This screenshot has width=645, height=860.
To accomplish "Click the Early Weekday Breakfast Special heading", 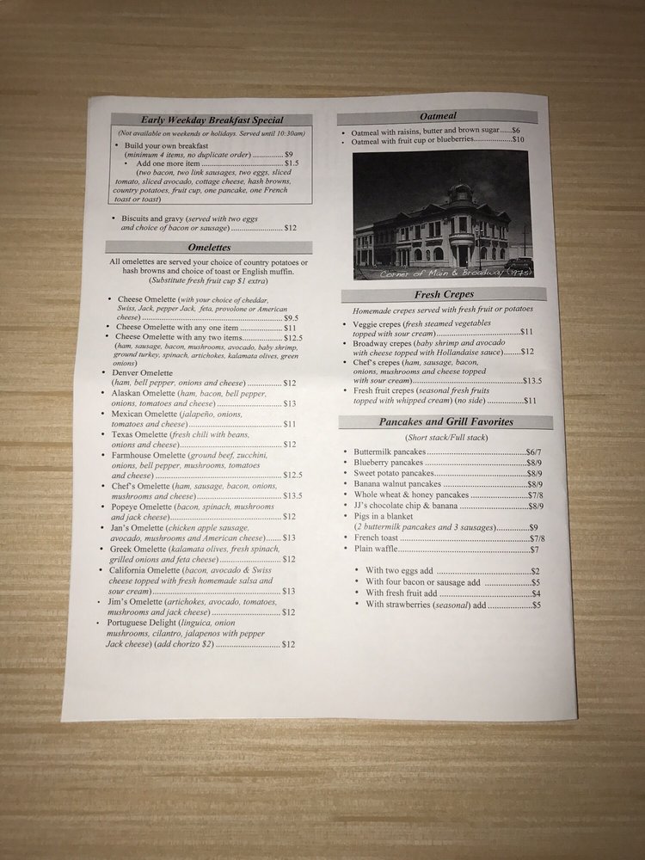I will [212, 120].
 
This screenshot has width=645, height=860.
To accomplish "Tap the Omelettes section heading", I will [211, 248].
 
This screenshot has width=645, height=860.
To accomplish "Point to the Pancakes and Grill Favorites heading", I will [445, 422].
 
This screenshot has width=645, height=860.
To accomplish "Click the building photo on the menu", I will [443, 215].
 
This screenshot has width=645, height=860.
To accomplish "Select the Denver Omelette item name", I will [143, 372].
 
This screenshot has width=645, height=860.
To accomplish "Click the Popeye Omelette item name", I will [144, 507].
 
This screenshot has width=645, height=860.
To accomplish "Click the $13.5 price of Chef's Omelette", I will [292, 496].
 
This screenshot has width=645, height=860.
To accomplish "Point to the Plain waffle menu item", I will [374, 550].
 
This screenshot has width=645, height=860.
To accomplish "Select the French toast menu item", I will [375, 538].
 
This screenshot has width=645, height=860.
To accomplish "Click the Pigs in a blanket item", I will [384, 517].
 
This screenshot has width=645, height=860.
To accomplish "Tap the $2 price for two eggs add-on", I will [535, 571].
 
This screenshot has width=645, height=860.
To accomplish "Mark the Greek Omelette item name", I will [141, 548].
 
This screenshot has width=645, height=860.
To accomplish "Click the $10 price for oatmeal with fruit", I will [518, 139].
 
